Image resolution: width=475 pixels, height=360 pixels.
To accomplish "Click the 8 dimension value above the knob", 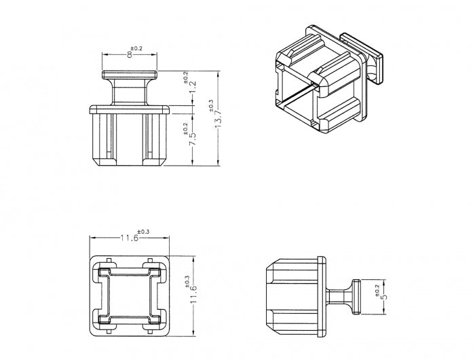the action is click(130, 55).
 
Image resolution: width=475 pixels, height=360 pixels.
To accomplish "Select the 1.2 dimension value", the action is click(193, 88).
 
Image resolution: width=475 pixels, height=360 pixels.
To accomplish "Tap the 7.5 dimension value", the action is click(192, 139).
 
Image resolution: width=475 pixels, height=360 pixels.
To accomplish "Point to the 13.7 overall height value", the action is click(218, 119).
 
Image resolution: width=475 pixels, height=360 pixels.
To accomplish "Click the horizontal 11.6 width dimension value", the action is click(130, 238).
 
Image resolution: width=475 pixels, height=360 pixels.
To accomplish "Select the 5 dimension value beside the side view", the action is click(384, 297).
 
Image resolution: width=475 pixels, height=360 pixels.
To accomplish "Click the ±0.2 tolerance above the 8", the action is click(136, 48).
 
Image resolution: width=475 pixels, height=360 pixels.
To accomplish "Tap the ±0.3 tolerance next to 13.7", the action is click(211, 106).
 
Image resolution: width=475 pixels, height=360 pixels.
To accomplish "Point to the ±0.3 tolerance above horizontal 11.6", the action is click(143, 232).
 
